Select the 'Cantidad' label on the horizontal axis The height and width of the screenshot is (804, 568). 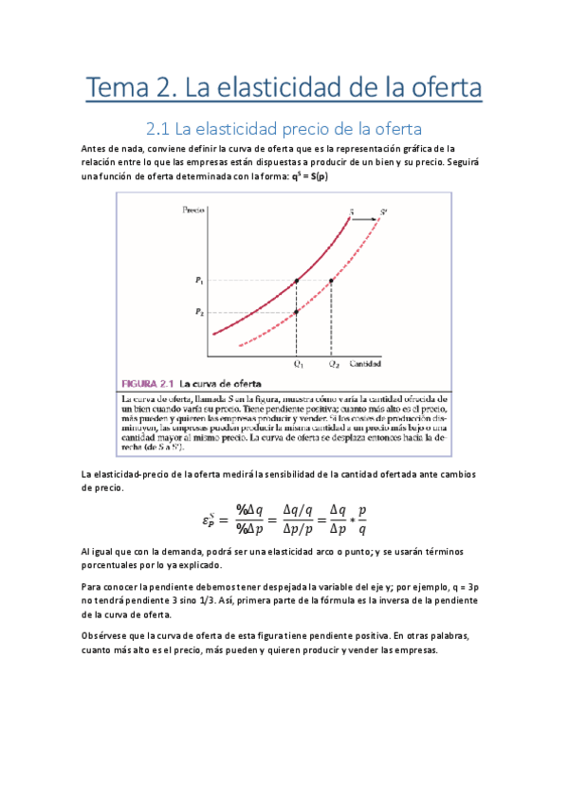tap(367, 363)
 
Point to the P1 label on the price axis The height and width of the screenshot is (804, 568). tap(199, 281)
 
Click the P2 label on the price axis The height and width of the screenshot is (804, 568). tap(199, 312)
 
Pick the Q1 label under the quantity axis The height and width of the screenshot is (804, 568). tap(298, 363)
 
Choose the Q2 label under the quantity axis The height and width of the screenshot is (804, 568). tap(332, 363)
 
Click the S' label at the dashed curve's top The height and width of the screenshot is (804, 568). tap(383, 210)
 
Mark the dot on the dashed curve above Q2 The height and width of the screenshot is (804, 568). tap(331, 281)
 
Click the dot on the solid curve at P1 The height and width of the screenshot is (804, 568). tap(297, 281)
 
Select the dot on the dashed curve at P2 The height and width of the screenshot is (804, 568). tap(297, 312)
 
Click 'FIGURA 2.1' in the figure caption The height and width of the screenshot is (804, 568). tap(151, 384)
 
